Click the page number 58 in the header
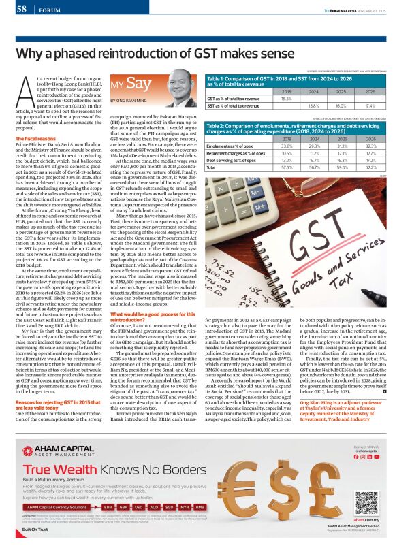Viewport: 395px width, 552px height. pyautogui.click(x=22, y=9)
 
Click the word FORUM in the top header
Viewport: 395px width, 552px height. pyautogui.click(x=49, y=10)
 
